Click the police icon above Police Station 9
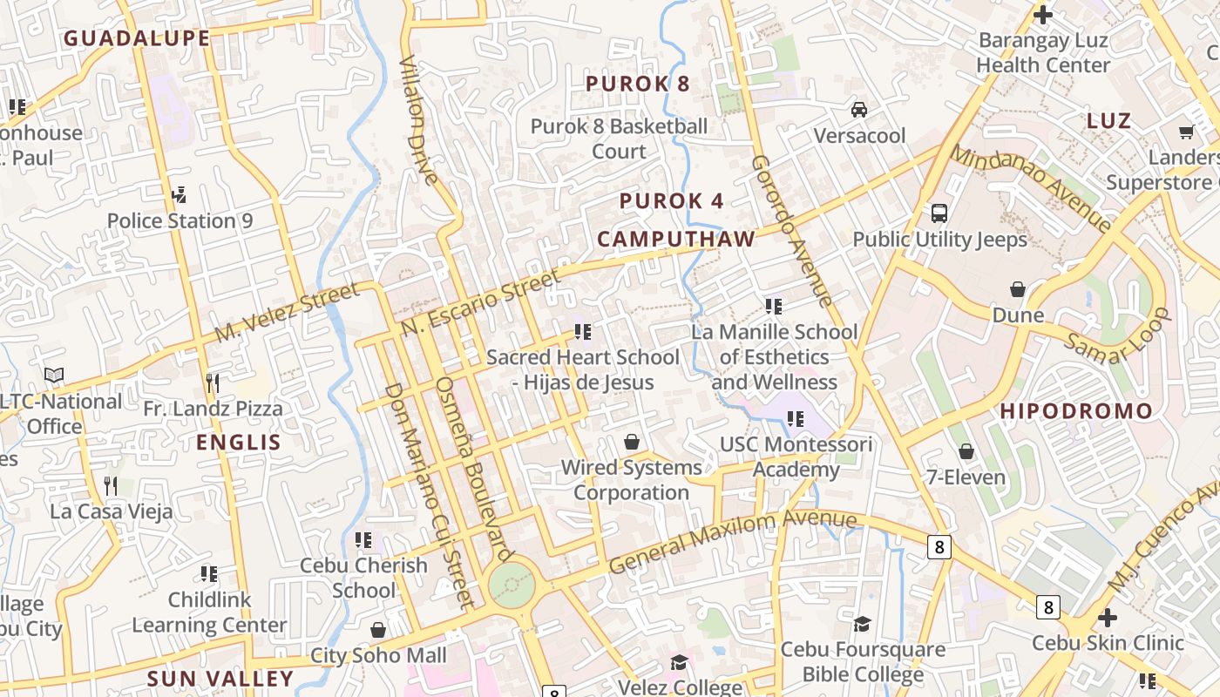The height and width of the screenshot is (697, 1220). coord(180,194)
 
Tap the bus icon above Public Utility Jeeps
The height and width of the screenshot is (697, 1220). coord(939,213)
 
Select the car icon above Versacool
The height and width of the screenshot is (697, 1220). coord(859,110)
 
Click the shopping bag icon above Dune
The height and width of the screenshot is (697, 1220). coord(1017,289)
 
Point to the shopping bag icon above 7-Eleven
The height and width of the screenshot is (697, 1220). coord(966,451)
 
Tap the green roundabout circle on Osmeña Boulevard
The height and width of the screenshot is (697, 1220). coord(512,585)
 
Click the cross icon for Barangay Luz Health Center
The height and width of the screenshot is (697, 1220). coord(1042,15)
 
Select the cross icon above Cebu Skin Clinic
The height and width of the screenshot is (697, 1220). coord(1107,618)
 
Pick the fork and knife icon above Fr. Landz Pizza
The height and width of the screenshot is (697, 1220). coord(212,382)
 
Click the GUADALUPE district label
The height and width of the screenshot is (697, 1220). coord(137,38)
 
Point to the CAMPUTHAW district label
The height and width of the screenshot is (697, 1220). coord(675,240)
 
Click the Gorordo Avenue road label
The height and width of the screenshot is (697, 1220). coord(791,231)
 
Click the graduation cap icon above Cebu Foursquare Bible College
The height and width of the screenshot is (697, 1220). coord(862,624)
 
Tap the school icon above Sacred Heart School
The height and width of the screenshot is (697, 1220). coord(583,332)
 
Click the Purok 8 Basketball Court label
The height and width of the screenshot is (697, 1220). coord(619,139)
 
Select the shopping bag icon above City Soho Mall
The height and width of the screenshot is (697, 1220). coord(378,630)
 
